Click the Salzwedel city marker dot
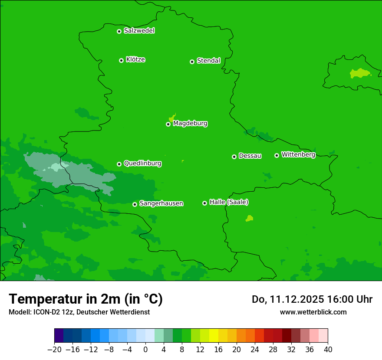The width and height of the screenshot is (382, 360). [x=119, y=31]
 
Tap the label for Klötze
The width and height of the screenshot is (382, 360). [x=135, y=59]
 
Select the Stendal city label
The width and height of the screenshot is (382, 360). [x=208, y=61]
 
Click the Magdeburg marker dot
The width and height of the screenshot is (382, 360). [x=168, y=124]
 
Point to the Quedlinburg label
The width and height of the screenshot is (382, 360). [x=142, y=164]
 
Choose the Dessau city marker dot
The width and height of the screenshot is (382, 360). [x=234, y=157]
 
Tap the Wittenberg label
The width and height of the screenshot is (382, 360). [x=298, y=154]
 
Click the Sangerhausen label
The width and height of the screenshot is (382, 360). [x=161, y=203]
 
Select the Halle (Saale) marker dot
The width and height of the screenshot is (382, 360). [x=204, y=203]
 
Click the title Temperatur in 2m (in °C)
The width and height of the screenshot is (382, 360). [x=86, y=299]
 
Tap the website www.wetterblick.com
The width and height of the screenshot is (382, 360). [x=313, y=312]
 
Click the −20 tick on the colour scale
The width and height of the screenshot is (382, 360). [x=55, y=350]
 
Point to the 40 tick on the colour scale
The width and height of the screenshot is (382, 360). [x=328, y=350]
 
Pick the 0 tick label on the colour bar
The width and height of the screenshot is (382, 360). [x=145, y=350]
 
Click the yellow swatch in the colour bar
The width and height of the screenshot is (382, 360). [x=214, y=336]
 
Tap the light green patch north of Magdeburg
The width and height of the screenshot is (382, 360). [x=172, y=118]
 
